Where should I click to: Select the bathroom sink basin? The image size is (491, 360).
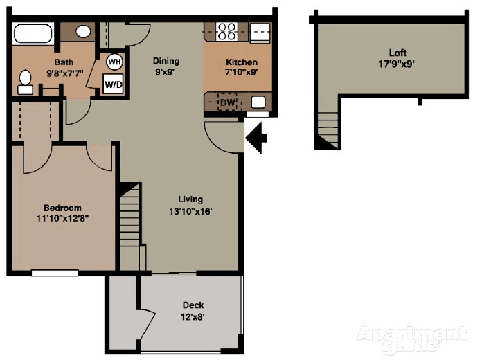[83, 31]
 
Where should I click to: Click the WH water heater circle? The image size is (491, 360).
[114, 62]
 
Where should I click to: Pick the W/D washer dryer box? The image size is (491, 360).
[113, 84]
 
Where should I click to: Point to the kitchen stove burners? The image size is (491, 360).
[226, 30]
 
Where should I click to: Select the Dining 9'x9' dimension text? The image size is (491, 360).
[166, 71]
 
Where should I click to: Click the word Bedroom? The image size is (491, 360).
[62, 208]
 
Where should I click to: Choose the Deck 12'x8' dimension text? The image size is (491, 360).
[193, 318]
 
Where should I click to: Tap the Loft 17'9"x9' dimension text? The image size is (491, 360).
[397, 64]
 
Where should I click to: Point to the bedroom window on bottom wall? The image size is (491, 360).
[55, 272]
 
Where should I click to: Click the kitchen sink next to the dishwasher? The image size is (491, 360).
[258, 102]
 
